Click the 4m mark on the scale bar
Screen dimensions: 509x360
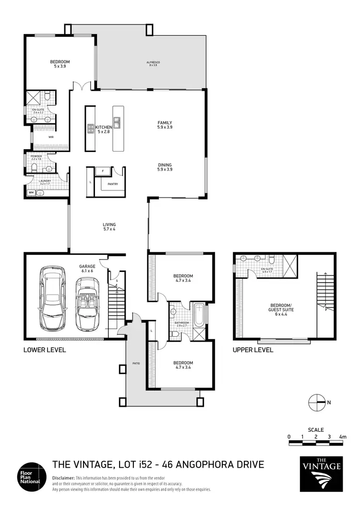(342, 437)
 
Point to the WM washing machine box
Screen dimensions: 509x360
(31, 192)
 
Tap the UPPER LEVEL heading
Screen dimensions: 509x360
(253, 350)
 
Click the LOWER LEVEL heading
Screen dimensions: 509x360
(45, 350)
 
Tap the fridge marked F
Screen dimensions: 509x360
(102, 171)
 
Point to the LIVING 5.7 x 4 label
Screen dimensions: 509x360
(109, 226)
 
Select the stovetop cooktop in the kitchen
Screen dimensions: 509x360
(91, 129)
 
